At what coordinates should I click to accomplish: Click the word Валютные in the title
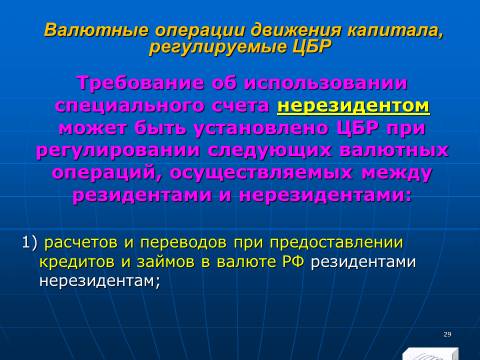(96, 30)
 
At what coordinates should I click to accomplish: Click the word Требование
(141, 83)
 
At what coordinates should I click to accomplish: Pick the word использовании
(326, 83)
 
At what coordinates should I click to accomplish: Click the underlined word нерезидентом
(353, 106)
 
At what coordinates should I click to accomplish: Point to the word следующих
(270, 151)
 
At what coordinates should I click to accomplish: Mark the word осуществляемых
(261, 173)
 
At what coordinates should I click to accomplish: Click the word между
(397, 173)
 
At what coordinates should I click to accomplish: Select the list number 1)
(30, 242)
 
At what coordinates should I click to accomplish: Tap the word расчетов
(81, 243)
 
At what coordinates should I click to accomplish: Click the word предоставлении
(336, 243)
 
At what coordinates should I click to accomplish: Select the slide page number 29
(447, 334)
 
